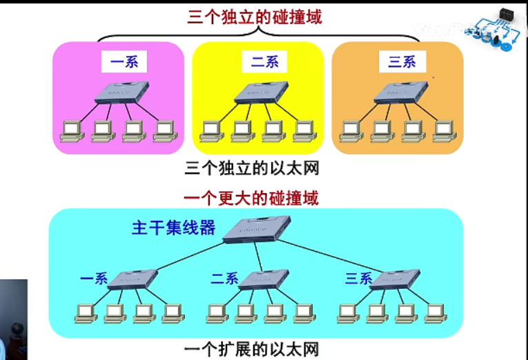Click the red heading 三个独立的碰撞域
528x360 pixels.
tap(255, 17)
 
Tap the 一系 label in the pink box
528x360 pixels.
tap(124, 61)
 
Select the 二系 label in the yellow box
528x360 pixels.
tap(264, 61)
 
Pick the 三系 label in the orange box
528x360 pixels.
tap(402, 61)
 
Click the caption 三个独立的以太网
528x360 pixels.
tap(252, 168)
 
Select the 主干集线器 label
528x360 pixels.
tap(173, 228)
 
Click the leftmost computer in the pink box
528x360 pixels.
tap(71, 131)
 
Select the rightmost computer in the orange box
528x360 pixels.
tap(443, 131)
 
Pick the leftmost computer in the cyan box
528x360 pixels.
tap(85, 313)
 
